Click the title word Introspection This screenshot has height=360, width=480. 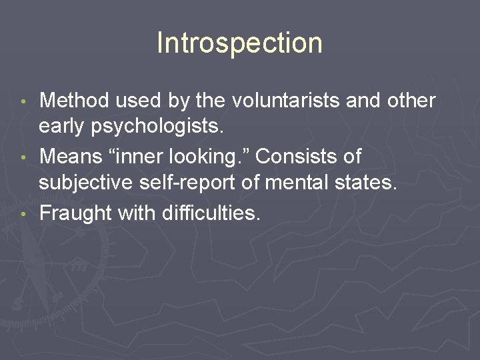(239, 43)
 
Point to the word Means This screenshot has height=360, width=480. (71, 157)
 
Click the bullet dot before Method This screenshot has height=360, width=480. (25, 102)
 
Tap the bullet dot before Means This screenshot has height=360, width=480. (25, 158)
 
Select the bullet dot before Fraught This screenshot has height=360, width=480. (25, 214)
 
